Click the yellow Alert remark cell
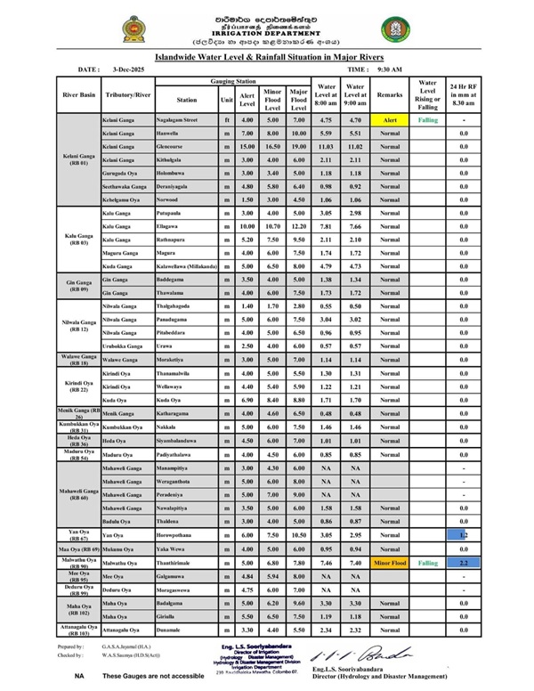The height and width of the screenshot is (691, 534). (x=390, y=119)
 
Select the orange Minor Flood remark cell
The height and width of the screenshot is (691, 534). (x=390, y=564)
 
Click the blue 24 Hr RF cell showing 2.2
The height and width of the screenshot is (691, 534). (x=464, y=564)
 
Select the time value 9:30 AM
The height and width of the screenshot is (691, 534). (x=387, y=69)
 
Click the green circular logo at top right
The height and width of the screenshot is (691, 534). (x=396, y=30)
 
